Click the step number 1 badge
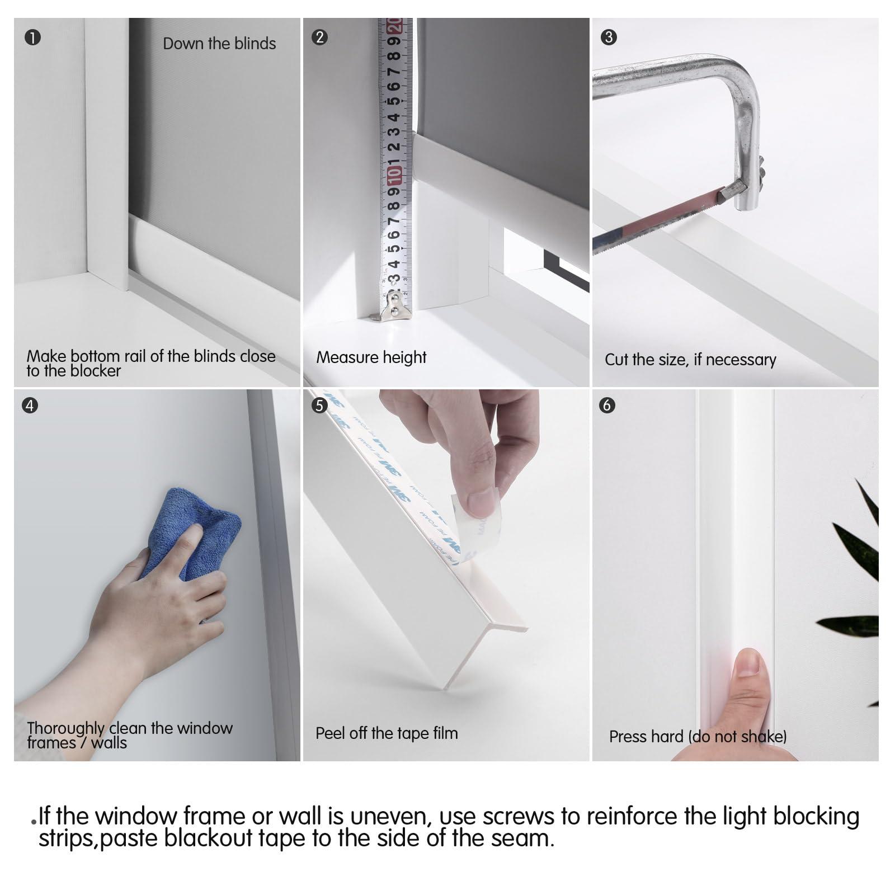click(x=33, y=37)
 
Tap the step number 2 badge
click(x=319, y=37)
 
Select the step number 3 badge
click(x=609, y=37)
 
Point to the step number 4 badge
click(x=30, y=405)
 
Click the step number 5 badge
click(x=319, y=405)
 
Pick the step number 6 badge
click(x=607, y=405)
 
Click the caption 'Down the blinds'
click(x=219, y=44)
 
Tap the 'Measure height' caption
click(x=371, y=357)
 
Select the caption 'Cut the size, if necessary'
click(x=690, y=360)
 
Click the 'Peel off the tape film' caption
click(x=387, y=733)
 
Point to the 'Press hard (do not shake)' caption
click(x=698, y=736)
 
